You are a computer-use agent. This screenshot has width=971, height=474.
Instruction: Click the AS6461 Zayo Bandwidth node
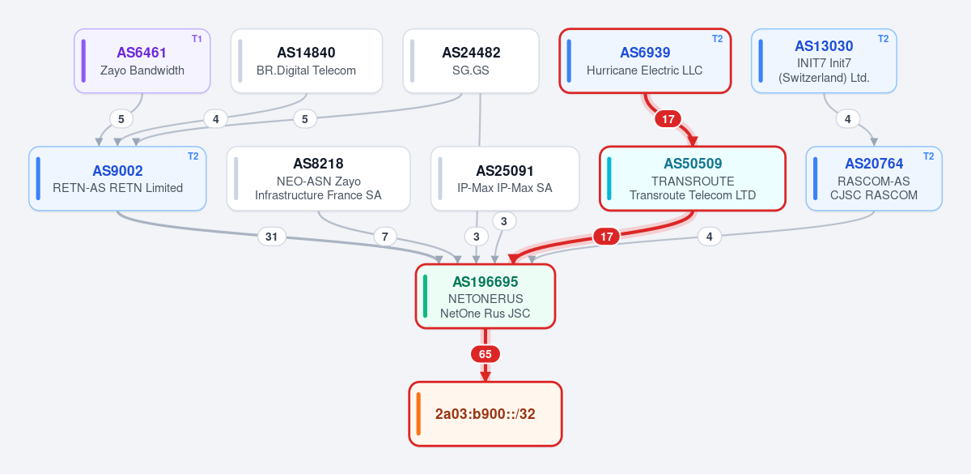click(x=142, y=61)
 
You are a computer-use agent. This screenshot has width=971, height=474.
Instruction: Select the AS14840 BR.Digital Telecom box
click(x=307, y=61)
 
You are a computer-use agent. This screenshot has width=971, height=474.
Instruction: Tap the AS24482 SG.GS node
click(x=471, y=61)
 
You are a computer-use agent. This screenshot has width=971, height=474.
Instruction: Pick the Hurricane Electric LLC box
click(x=645, y=61)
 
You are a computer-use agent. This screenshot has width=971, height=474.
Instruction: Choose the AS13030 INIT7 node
click(x=824, y=61)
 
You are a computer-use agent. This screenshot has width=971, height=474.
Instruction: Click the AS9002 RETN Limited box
click(x=117, y=178)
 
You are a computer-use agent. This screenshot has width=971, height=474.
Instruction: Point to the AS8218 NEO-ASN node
click(x=318, y=178)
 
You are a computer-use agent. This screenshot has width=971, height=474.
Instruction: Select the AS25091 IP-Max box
click(x=505, y=178)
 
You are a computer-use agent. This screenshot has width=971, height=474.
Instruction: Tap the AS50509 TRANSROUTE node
click(x=693, y=178)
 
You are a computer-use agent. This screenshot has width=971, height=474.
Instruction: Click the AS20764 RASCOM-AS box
click(x=874, y=178)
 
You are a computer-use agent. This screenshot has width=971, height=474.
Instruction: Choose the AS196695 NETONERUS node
click(x=485, y=297)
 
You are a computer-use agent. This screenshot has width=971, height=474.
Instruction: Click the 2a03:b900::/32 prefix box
click(x=485, y=414)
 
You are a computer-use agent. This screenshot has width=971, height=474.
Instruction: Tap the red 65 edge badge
click(x=485, y=354)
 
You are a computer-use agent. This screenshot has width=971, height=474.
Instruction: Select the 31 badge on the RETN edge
click(x=271, y=237)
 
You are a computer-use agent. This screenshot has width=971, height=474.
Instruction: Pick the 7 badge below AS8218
click(x=384, y=237)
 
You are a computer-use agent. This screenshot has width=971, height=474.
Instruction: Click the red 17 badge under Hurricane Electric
click(x=668, y=119)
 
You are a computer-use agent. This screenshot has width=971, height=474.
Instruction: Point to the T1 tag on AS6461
click(x=197, y=39)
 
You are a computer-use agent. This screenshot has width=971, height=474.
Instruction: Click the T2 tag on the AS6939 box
click(x=718, y=39)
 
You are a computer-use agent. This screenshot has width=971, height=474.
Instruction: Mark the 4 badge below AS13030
click(x=847, y=119)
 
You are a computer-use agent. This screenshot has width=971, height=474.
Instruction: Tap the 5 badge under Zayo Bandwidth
click(x=121, y=119)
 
